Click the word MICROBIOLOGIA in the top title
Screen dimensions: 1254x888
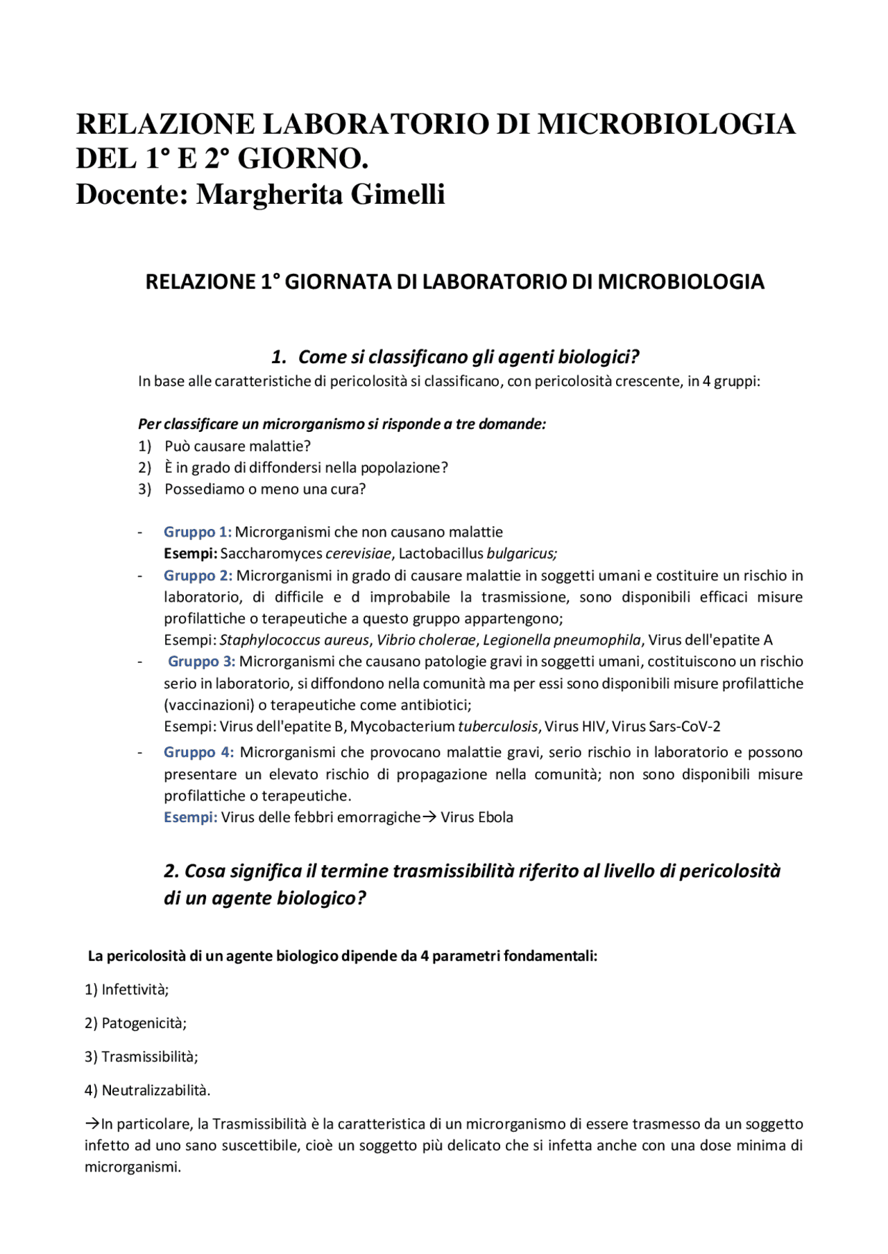click(x=666, y=125)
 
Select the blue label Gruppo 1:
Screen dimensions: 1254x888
click(x=198, y=532)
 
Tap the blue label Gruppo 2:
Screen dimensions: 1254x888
click(x=198, y=576)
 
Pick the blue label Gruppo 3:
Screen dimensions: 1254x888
click(x=201, y=662)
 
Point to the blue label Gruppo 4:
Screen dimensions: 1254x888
click(x=198, y=753)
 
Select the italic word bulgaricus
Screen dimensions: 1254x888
click(x=521, y=554)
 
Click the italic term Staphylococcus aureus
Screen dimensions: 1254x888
click(x=294, y=641)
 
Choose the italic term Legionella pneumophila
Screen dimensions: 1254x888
click(x=562, y=641)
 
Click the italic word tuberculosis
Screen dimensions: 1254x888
click(x=497, y=727)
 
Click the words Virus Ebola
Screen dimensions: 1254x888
click(x=477, y=818)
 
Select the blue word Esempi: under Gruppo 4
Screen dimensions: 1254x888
click(x=190, y=818)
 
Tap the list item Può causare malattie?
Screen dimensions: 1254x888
click(x=237, y=446)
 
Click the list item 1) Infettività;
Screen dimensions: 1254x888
click(x=127, y=990)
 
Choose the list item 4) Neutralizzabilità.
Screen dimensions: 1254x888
click(x=147, y=1090)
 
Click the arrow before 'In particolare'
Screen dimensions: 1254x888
click(x=92, y=1124)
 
